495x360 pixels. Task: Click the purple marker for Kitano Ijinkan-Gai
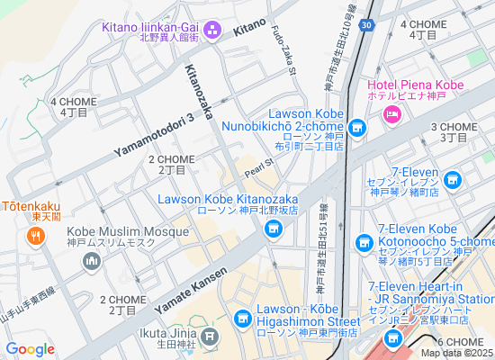point(213,33)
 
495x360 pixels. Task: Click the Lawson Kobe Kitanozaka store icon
point(273,231)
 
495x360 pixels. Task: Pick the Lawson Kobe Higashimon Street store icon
point(242,319)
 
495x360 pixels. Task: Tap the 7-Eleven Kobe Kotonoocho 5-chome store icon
point(364,242)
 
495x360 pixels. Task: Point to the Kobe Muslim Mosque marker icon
point(91,262)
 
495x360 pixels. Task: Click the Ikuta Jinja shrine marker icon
point(210,338)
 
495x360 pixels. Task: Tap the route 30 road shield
point(363,25)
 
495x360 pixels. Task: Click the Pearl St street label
point(257,168)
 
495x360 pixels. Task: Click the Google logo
point(30,348)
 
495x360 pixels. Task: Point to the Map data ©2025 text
point(458,352)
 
